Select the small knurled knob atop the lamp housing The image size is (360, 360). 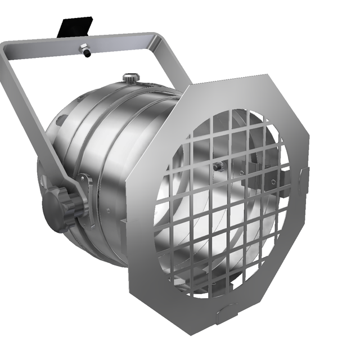click(x=131, y=77)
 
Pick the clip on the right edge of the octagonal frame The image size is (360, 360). click(x=304, y=179)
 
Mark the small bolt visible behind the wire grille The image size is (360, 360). click(x=217, y=167)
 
